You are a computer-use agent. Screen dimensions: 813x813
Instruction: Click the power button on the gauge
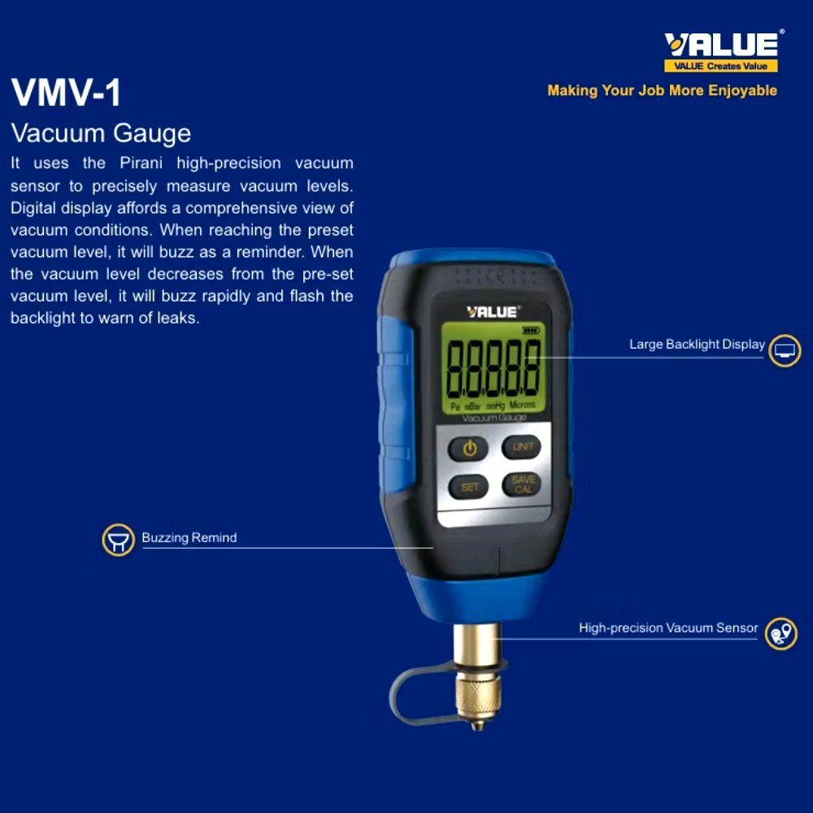469,448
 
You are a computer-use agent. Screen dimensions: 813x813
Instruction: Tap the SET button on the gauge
469,487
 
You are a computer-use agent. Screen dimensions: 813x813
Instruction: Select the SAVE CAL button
523,485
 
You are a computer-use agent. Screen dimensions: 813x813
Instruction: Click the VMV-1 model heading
66,93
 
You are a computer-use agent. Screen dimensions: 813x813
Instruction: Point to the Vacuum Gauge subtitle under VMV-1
101,133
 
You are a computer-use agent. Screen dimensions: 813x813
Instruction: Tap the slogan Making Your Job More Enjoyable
662,90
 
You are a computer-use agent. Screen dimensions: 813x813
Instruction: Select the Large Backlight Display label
697,345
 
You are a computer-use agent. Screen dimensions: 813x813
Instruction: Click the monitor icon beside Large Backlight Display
785,350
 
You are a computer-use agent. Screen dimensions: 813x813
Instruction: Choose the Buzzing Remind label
189,537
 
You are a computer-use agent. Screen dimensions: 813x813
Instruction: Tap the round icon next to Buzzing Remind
118,540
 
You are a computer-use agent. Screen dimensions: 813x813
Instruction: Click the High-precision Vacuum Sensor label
667,628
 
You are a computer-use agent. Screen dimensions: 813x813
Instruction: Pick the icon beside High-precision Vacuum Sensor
781,633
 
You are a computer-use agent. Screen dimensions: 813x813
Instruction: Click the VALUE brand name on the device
492,311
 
